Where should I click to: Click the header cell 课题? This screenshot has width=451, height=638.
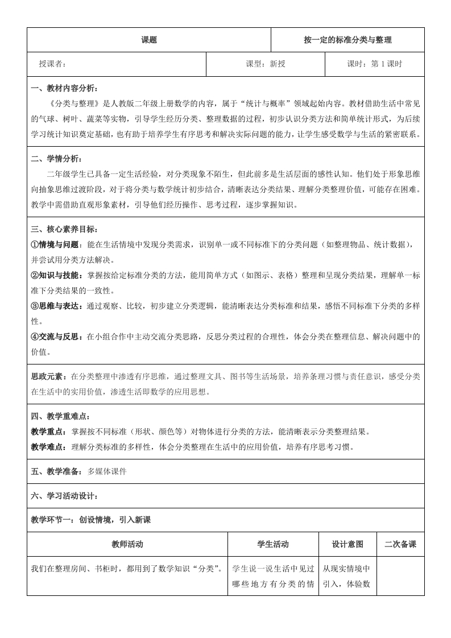149,40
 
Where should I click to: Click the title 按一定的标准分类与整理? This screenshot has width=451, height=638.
347,40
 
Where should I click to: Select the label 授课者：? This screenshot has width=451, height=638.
53,64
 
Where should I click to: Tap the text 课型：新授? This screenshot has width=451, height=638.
266,64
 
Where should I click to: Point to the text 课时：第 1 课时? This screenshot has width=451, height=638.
374,64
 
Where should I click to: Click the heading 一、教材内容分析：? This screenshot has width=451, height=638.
64,88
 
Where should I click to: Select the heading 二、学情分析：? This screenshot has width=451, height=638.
57,159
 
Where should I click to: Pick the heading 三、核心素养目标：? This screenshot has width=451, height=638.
64,229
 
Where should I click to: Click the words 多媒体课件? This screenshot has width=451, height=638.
107,471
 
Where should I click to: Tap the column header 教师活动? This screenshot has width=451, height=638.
127,544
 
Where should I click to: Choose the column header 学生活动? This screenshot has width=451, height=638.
273,544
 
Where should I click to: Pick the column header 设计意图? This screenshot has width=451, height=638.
347,544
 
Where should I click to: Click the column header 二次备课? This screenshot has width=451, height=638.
400,544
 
